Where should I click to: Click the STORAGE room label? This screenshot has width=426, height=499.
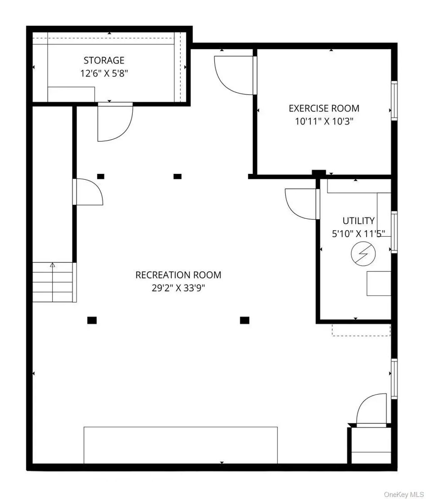[x=104, y=60]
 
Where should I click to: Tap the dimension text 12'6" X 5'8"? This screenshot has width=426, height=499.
[x=104, y=73]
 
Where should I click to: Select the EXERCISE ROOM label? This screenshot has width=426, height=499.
[x=324, y=109]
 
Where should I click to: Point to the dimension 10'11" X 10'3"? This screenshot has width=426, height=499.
[x=324, y=121]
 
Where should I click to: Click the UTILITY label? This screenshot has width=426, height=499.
[x=359, y=221]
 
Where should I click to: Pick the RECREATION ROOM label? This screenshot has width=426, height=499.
[x=178, y=275]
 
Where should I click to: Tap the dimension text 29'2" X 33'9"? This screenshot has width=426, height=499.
[x=178, y=288]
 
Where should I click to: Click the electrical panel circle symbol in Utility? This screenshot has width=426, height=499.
[x=364, y=254]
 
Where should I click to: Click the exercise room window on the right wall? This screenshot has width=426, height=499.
[x=394, y=101]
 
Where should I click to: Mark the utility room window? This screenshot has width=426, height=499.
[x=394, y=232]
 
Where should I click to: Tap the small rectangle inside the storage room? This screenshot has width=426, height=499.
[x=71, y=94]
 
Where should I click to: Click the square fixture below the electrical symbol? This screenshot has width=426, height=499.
[x=379, y=283]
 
